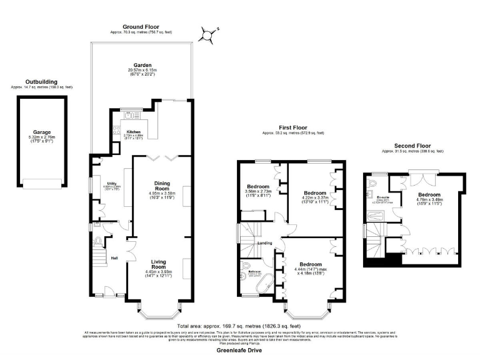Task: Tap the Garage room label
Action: (42, 132)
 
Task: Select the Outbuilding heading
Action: (41, 81)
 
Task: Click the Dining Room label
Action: (162, 186)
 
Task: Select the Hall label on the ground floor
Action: (114, 257)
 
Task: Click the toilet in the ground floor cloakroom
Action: (99, 241)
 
